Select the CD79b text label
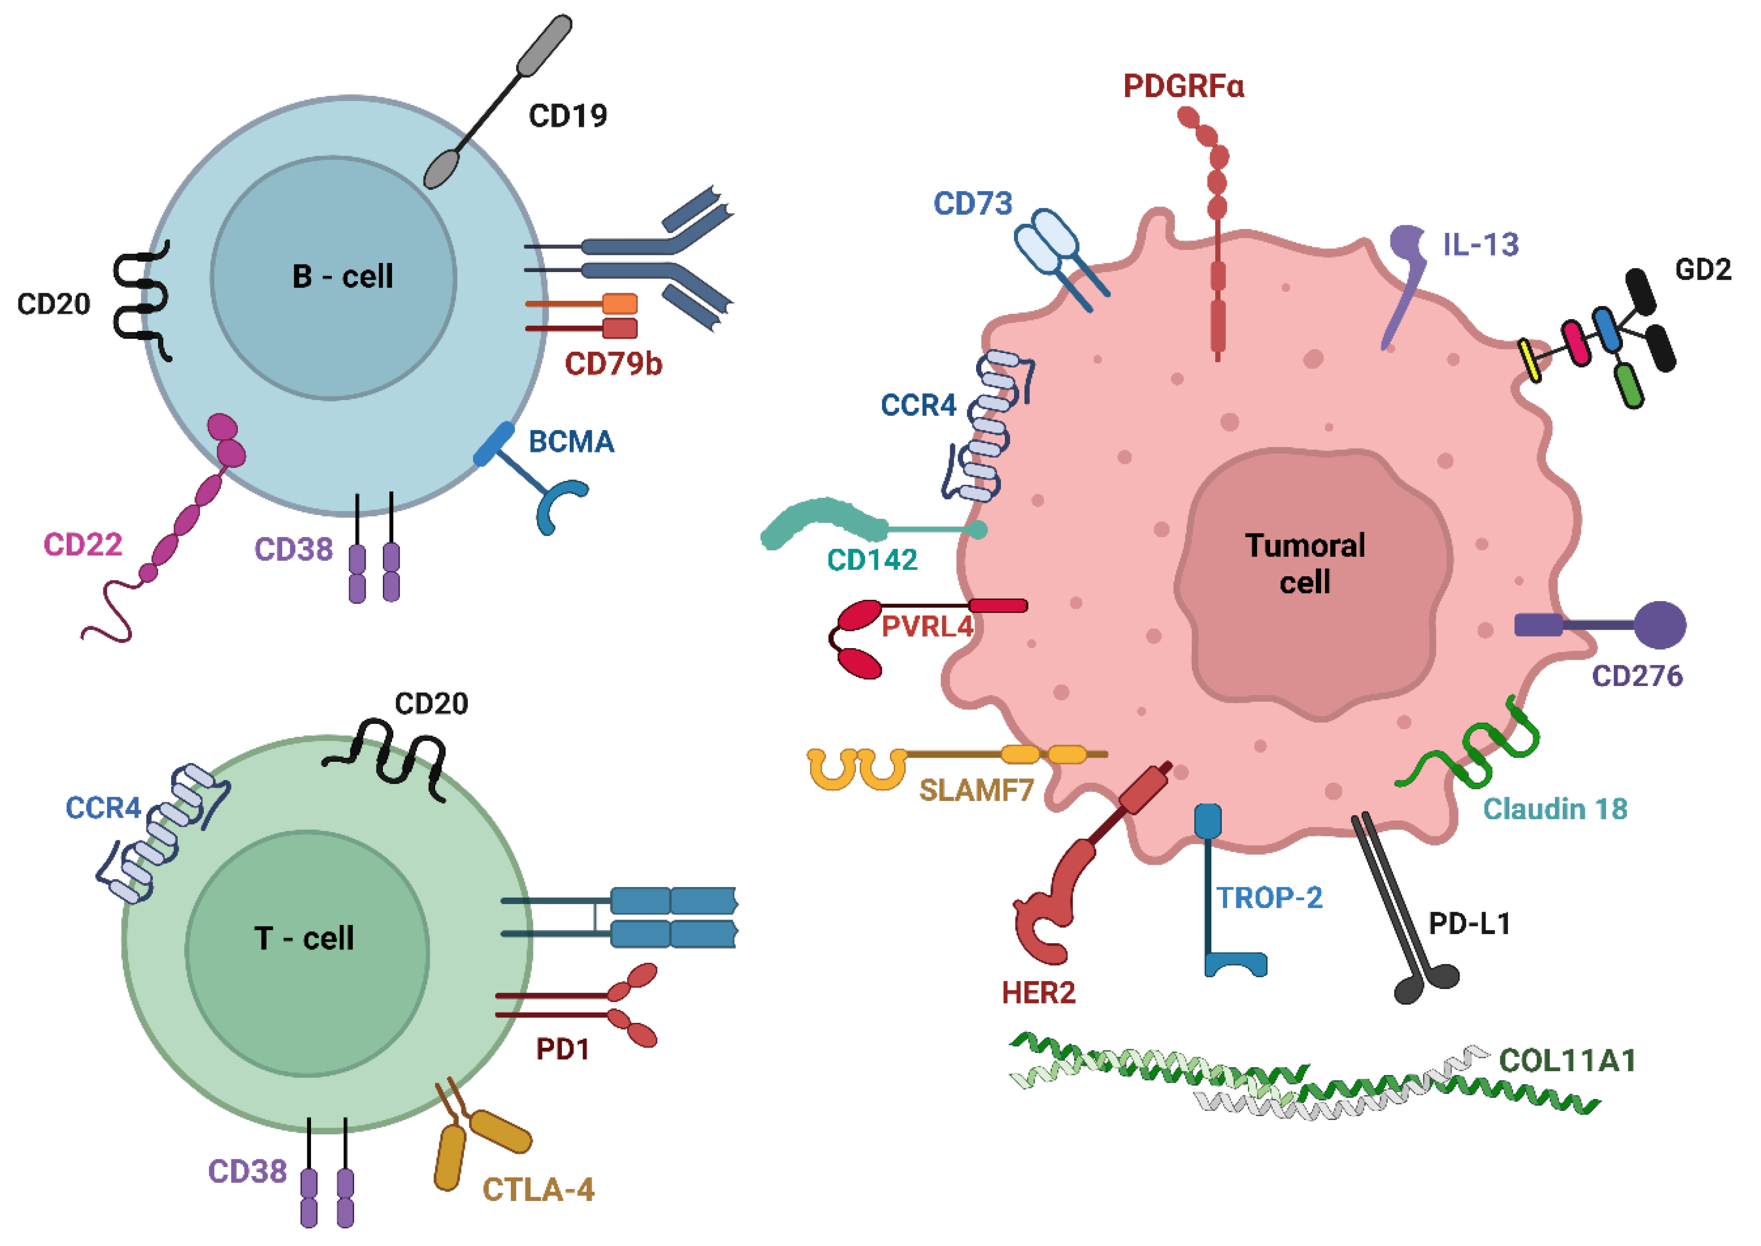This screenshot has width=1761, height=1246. point(613,364)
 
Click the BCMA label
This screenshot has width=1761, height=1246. point(572,442)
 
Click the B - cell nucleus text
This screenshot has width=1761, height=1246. point(342,276)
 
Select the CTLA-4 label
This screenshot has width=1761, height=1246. point(538,1190)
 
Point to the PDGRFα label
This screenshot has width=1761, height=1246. point(1183,86)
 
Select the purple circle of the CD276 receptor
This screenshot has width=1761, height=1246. point(1660,625)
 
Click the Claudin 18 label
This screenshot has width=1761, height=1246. point(1554,809)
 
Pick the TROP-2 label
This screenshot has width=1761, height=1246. point(1270,898)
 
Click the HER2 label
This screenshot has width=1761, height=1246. point(1038,993)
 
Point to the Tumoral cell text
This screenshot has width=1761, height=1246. point(1304,564)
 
